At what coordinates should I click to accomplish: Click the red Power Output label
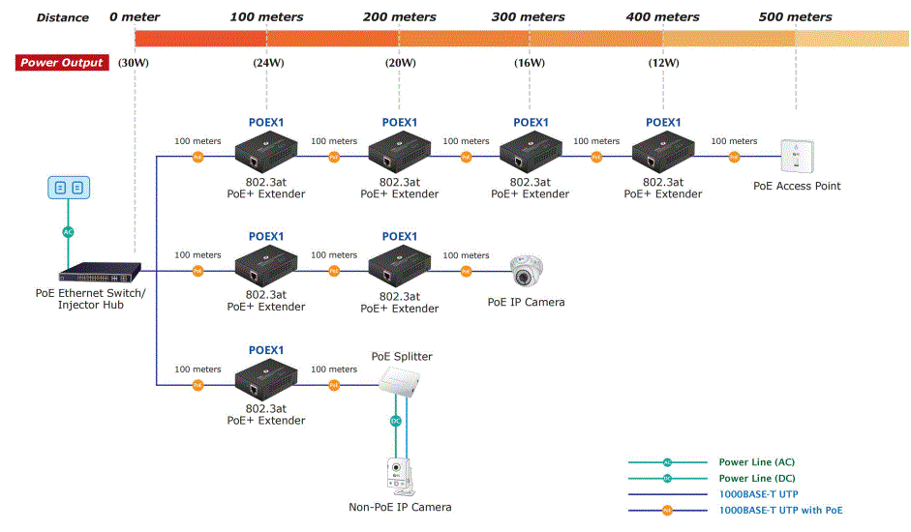tap(62, 63)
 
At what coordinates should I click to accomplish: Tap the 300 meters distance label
tap(529, 17)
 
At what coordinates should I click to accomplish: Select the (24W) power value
tap(268, 63)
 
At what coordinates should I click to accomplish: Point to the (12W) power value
tap(663, 63)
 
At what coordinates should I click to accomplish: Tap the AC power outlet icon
tap(68, 188)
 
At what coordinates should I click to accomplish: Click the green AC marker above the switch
tap(68, 232)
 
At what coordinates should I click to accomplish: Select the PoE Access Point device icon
tap(798, 157)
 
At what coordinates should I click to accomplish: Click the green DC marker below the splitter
tap(395, 421)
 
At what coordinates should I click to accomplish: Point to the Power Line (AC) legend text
tap(756, 462)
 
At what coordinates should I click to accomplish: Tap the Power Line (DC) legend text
tap(756, 478)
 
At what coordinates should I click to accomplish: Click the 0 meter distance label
tap(135, 17)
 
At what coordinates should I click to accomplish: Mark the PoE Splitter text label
tap(402, 356)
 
